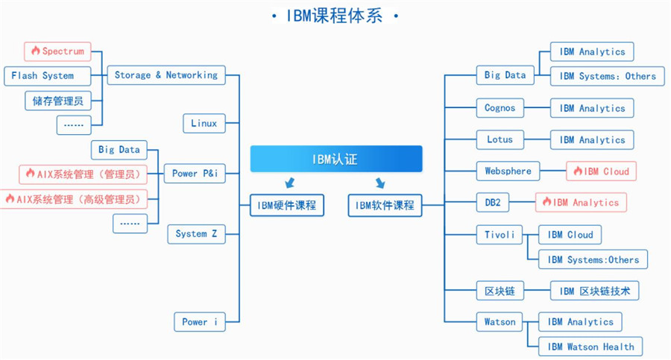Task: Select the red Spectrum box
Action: coord(57,51)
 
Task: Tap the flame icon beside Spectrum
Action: coord(35,51)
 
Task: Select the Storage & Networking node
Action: coord(166,75)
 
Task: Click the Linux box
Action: coord(204,124)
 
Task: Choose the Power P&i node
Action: coord(195,174)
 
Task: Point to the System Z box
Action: coord(196,234)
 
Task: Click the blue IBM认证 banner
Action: coord(335,159)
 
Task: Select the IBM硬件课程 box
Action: coord(287,205)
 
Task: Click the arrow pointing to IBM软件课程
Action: coord(380,183)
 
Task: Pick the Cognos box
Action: coord(500,108)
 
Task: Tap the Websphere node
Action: coord(508,171)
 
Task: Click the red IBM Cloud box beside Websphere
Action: coord(601,171)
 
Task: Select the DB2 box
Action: coord(493,203)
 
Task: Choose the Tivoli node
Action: coord(500,235)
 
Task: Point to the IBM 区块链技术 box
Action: coord(594,291)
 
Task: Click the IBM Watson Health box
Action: coord(590,347)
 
